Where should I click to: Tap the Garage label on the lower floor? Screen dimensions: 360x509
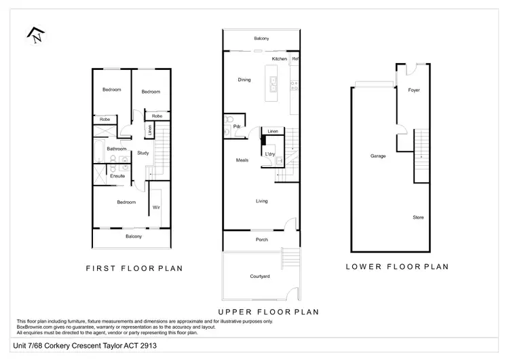click(x=378, y=156)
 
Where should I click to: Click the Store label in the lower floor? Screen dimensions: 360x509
click(x=418, y=217)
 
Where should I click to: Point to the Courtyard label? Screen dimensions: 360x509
click(x=261, y=276)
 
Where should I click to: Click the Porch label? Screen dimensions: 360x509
click(x=261, y=240)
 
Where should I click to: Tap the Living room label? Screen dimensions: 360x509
click(x=262, y=201)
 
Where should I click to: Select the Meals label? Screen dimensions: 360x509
click(x=242, y=160)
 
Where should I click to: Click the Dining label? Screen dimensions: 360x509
click(x=244, y=80)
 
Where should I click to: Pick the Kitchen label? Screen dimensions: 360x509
click(x=280, y=60)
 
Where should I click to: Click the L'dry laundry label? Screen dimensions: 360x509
click(x=269, y=154)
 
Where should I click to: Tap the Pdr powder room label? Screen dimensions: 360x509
click(x=238, y=126)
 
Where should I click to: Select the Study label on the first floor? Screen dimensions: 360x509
click(x=143, y=153)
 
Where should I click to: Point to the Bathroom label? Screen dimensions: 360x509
click(x=117, y=148)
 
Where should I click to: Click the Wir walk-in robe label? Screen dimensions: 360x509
click(x=156, y=207)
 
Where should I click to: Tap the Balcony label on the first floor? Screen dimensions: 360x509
click(x=133, y=236)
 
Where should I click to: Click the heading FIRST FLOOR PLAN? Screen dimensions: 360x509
click(x=134, y=268)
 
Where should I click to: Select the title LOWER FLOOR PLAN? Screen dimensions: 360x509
click(x=397, y=266)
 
